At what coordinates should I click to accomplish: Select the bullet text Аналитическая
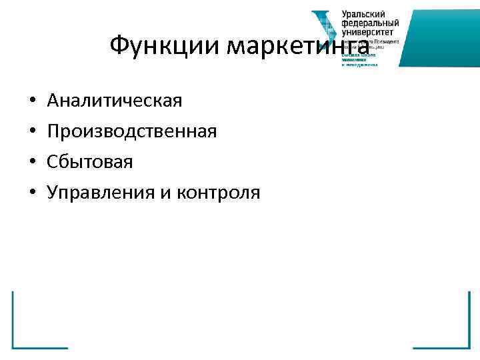[x=114, y=101]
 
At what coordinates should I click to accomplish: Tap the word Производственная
[x=131, y=131]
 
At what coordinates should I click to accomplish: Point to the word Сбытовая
[x=90, y=162]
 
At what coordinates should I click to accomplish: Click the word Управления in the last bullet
[x=100, y=193]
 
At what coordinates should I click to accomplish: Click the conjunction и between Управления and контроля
[x=165, y=193]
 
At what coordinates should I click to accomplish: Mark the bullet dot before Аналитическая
[x=33, y=102]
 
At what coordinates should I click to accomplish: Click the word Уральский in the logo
[x=365, y=14]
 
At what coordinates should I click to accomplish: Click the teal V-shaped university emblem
[x=325, y=30]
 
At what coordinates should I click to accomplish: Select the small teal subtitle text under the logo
[x=360, y=60]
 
